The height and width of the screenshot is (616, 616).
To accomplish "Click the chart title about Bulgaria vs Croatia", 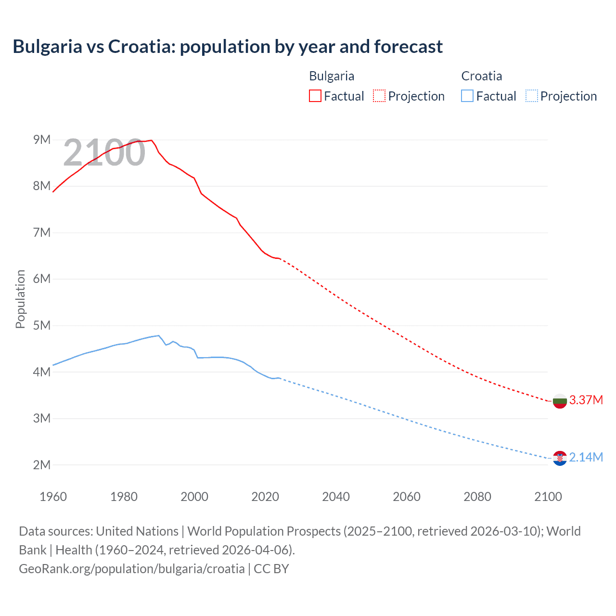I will pyautogui.click(x=228, y=47).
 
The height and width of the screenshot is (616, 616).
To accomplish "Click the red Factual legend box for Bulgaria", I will pyautogui.click(x=315, y=96).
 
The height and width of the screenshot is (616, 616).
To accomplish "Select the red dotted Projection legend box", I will pyautogui.click(x=379, y=96).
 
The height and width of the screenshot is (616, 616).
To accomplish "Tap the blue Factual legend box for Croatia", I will pyautogui.click(x=467, y=96).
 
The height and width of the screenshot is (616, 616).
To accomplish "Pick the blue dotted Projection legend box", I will pyautogui.click(x=531, y=96).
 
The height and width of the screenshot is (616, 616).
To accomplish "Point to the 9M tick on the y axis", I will pyautogui.click(x=42, y=140).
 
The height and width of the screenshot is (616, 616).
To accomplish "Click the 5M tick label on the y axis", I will pyautogui.click(x=42, y=325).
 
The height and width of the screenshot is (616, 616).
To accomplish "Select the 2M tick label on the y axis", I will pyautogui.click(x=42, y=465).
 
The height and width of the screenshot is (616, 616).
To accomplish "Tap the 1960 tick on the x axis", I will pyautogui.click(x=53, y=497).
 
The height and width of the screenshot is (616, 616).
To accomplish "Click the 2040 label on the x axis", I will pyautogui.click(x=336, y=497).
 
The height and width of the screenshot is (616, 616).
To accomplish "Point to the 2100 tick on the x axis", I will pyautogui.click(x=548, y=497).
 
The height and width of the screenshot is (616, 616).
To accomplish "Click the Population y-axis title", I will pyautogui.click(x=20, y=299).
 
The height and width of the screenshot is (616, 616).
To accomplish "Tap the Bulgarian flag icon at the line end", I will pyautogui.click(x=560, y=401).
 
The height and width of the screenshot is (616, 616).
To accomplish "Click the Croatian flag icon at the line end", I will pyautogui.click(x=560, y=458).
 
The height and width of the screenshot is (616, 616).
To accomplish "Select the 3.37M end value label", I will pyautogui.click(x=586, y=400).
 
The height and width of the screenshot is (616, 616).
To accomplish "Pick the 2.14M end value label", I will pyautogui.click(x=586, y=458).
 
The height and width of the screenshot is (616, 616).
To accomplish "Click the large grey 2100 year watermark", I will pyautogui.click(x=104, y=153).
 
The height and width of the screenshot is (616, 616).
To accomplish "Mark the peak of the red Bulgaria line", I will pyautogui.click(x=151, y=140).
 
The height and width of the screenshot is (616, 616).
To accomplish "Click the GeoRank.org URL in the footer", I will pyautogui.click(x=131, y=569).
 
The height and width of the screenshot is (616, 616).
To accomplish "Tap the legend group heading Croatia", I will pyautogui.click(x=481, y=76).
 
